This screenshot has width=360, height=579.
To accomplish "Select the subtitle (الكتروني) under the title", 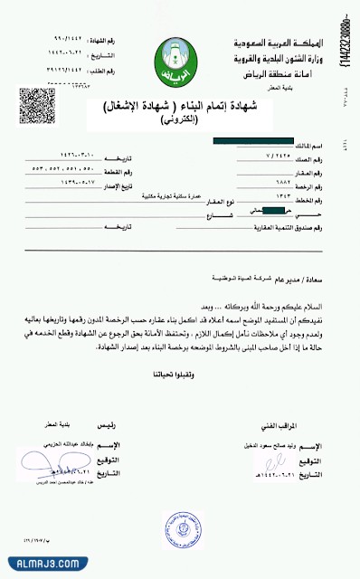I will [181, 119].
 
